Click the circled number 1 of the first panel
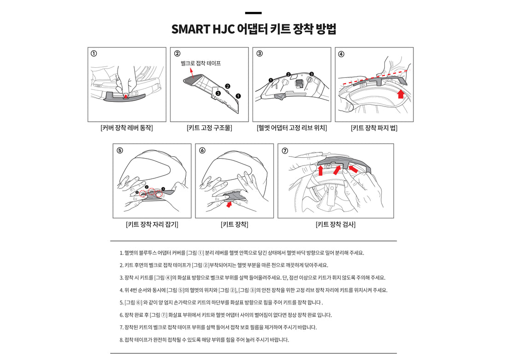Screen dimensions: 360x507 pos(94,53)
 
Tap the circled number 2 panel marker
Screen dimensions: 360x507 pos(177,53)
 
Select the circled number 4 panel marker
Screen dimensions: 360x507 pos(341,53)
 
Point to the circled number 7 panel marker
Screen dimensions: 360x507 pos(285,150)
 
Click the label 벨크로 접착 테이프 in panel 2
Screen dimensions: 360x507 pos(200,63)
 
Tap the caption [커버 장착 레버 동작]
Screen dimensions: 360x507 pos(127,128)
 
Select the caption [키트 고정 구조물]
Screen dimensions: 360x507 pos(209,128)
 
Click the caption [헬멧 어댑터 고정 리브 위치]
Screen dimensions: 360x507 pos(292,128)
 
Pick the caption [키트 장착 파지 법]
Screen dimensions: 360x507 pos(374,128)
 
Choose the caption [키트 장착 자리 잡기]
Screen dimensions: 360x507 pos(152,224)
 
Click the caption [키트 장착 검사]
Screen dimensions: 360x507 pos(336,224)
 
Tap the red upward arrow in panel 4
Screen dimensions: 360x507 pos(401,94)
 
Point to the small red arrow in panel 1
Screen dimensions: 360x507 pos(126,96)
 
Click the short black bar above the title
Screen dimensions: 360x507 pos(253,13)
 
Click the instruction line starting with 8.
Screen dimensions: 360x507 pos(204,340)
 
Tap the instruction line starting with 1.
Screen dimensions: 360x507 pos(242,253)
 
